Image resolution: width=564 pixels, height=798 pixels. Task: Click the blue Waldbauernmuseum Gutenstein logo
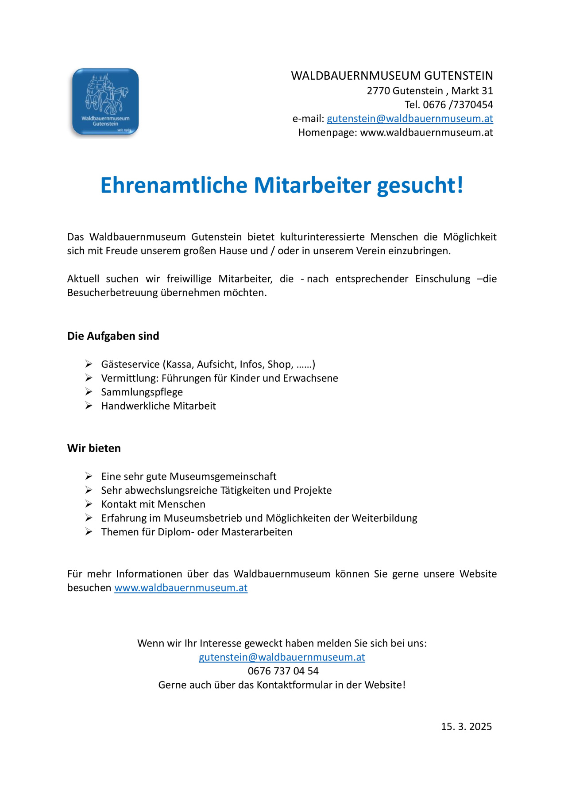coord(105,101)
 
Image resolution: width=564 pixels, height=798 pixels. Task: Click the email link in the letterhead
coord(409,119)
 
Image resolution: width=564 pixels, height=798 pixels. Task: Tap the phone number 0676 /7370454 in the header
coord(458,105)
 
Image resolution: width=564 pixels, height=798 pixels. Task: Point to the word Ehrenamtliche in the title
coord(174,185)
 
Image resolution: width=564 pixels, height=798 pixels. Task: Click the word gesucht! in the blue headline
coord(420,185)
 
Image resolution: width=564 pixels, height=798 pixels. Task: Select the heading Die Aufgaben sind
coord(113,336)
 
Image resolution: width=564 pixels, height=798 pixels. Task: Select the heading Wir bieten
coord(94,448)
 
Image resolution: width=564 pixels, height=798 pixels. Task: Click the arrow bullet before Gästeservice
coord(89,364)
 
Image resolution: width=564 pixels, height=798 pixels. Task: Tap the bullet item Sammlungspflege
coord(142,392)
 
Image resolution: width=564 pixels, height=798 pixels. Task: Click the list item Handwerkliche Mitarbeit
coord(158,406)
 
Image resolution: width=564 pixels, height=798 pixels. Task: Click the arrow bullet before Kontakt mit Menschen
coord(89,504)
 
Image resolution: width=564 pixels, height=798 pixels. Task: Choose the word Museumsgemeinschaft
coord(223,476)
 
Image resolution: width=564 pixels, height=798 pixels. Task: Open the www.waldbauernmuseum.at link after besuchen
coord(181,588)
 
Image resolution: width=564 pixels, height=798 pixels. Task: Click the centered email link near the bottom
coord(282,657)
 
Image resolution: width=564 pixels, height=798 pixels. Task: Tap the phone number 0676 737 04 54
coord(283,671)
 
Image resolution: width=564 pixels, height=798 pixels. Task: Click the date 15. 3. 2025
coord(466,726)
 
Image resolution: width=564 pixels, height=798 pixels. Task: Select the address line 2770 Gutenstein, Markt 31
coord(429,91)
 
